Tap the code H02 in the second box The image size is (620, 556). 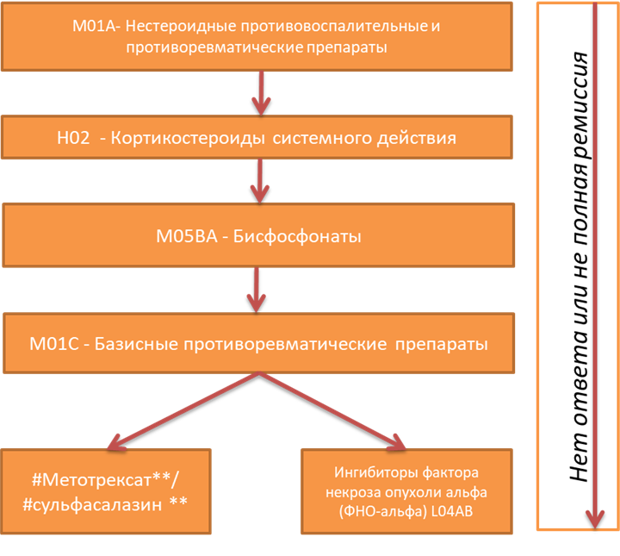click(72, 138)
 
